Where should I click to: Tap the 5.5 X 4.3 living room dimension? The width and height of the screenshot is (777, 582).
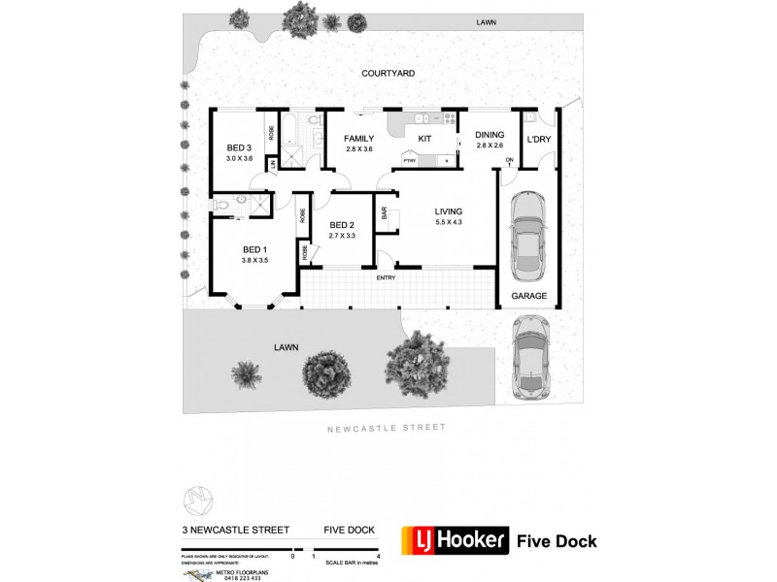click(x=448, y=223)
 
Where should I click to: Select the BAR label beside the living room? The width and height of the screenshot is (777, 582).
click(x=384, y=212)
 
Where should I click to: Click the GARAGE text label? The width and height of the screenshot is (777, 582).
click(x=528, y=296)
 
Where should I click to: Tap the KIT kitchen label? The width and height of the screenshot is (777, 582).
click(x=424, y=140)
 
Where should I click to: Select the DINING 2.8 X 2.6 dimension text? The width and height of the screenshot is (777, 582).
click(x=490, y=145)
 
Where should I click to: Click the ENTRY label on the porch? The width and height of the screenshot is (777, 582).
click(x=386, y=278)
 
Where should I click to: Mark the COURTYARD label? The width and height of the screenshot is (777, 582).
click(x=388, y=73)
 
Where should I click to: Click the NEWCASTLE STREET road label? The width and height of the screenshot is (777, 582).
click(x=386, y=427)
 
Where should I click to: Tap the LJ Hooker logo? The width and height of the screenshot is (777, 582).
click(x=456, y=540)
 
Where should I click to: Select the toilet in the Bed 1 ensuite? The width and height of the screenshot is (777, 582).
click(x=222, y=204)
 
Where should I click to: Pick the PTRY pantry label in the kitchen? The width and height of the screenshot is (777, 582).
click(x=410, y=160)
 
